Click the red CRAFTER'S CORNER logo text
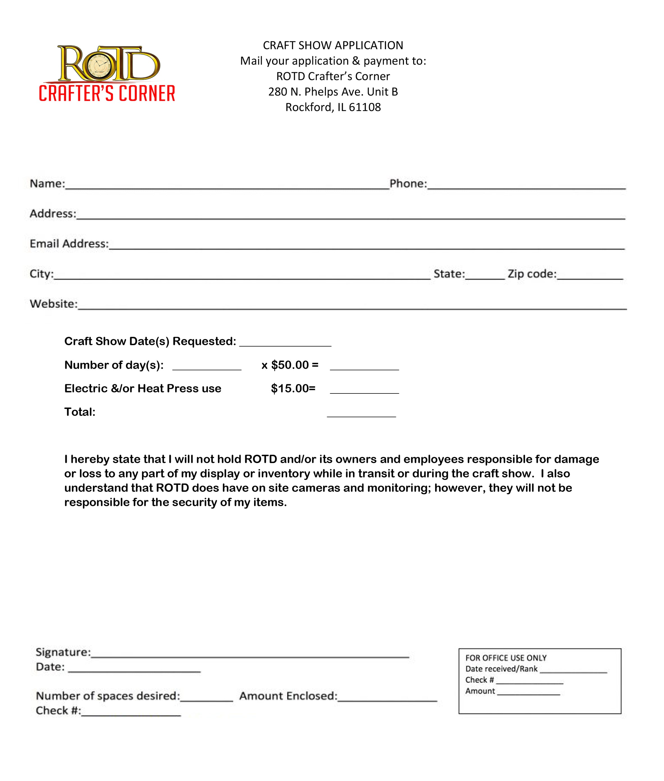click(x=107, y=94)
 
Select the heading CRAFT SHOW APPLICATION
click(x=333, y=45)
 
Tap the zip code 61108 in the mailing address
click(x=365, y=107)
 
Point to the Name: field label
click(x=47, y=184)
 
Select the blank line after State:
click(x=485, y=276)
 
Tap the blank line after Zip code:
click(x=590, y=276)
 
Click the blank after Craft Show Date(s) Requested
click(x=285, y=343)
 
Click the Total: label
click(x=80, y=412)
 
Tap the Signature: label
click(x=63, y=652)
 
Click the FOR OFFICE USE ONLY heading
click(x=506, y=658)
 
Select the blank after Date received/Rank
click(x=573, y=669)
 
